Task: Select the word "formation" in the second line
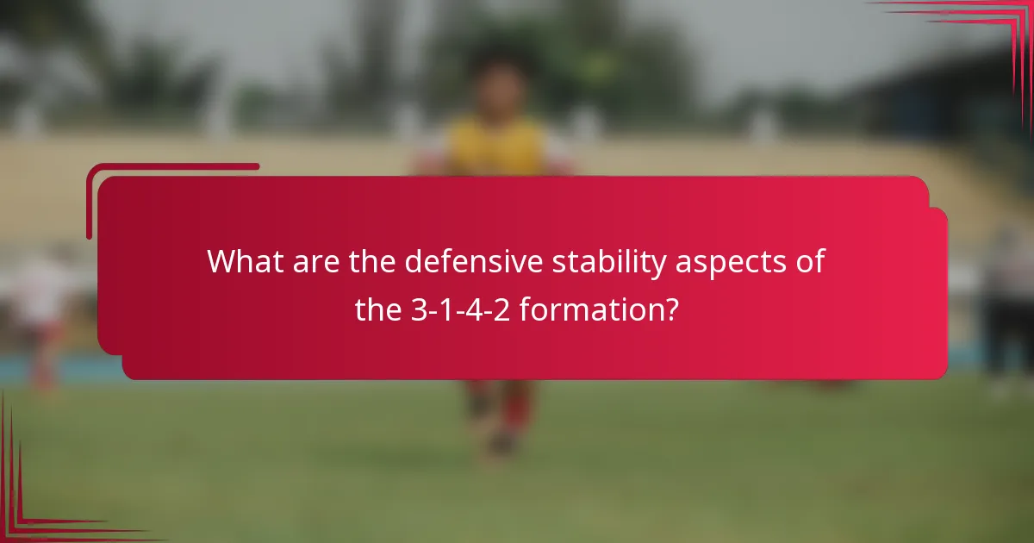click(x=585, y=310)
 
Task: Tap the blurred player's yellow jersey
click(x=497, y=147)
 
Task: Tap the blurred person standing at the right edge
click(x=1008, y=310)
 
